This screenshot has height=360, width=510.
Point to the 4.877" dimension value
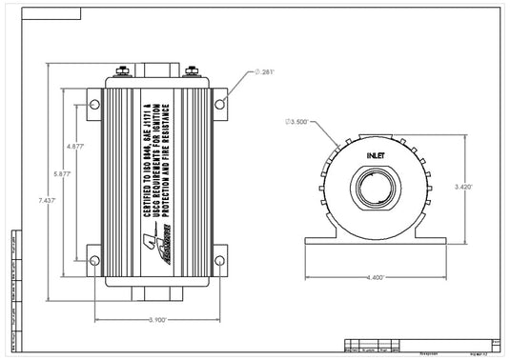click(76, 147)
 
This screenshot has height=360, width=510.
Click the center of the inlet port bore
click(377, 185)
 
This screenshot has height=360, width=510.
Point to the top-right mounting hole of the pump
click(220, 103)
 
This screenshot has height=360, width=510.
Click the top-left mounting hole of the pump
click(94, 103)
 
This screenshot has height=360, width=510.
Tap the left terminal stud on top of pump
click(124, 70)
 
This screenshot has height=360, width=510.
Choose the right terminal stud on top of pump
click(191, 70)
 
